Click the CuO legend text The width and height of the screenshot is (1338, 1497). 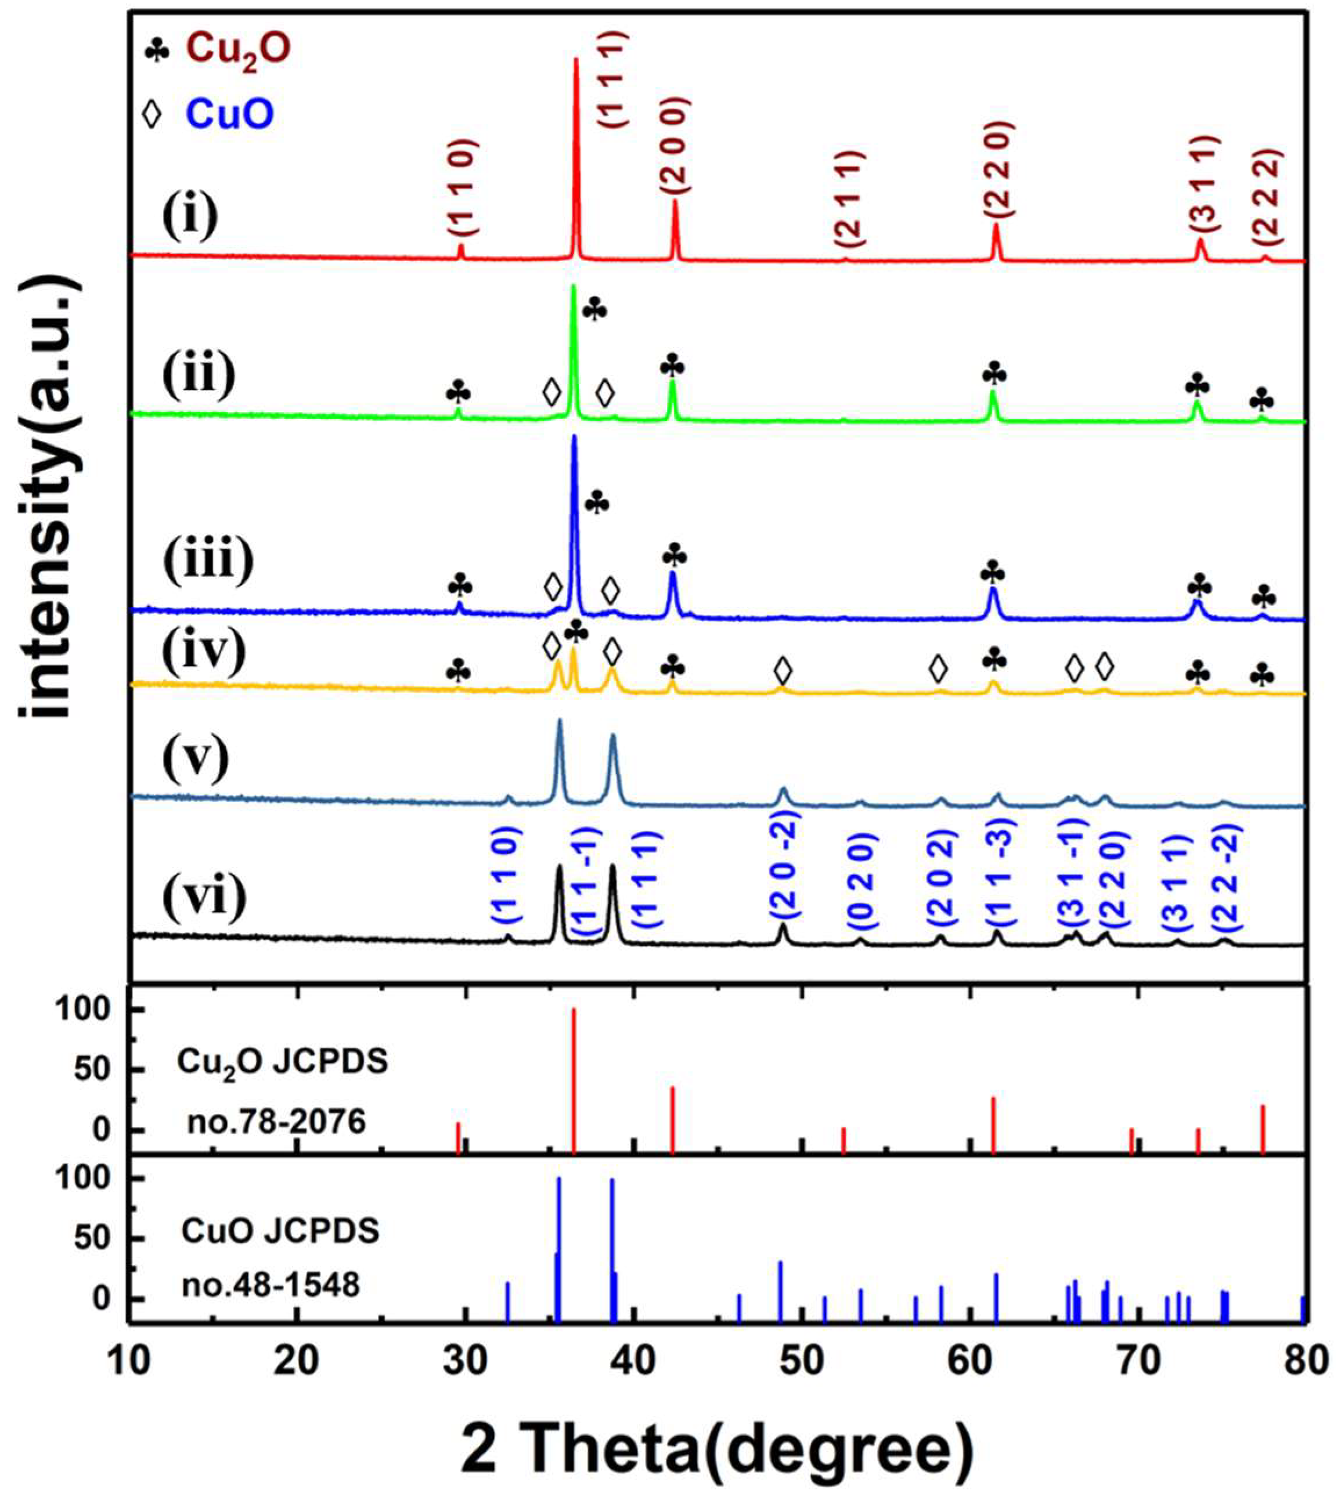coord(230,115)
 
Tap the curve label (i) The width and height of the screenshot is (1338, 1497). coord(190,218)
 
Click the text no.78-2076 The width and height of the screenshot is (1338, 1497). coord(276,1122)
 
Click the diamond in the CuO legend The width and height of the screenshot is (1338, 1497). coord(152,115)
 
